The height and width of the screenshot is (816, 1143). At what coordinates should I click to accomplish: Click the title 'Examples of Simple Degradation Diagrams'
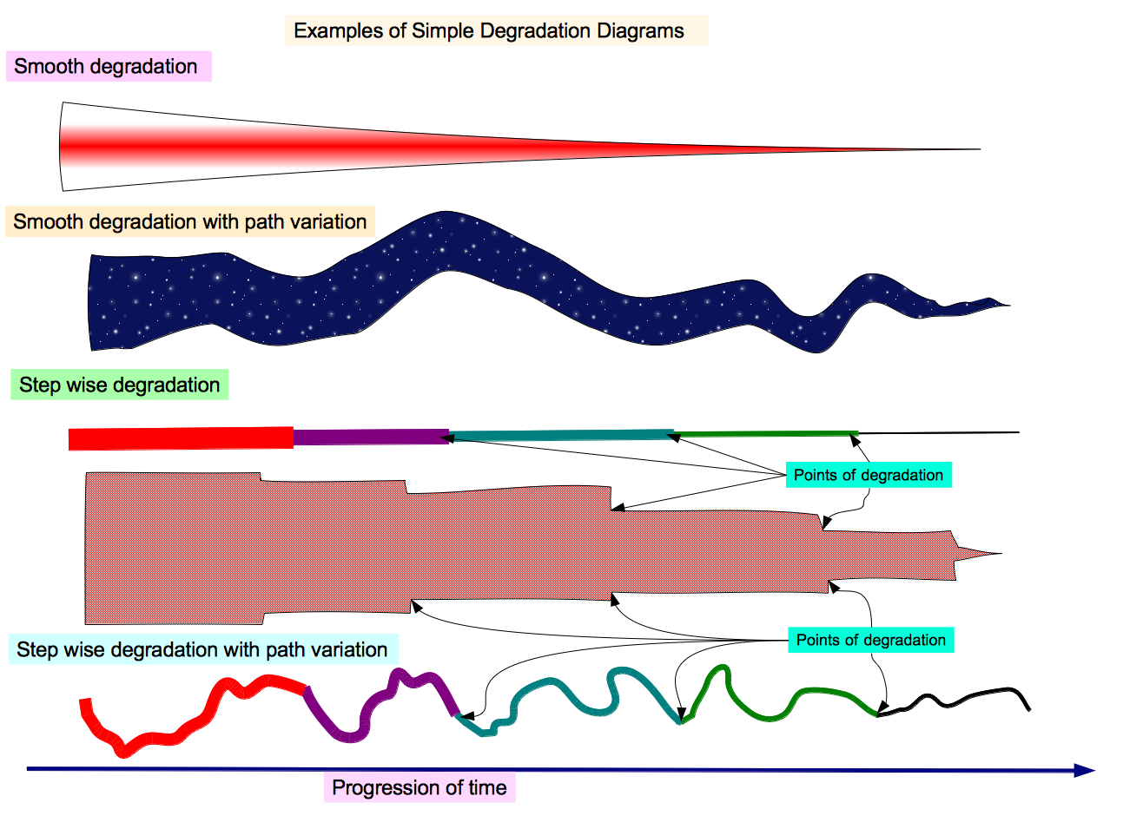(489, 31)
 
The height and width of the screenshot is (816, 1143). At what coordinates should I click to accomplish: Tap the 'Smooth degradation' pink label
(106, 67)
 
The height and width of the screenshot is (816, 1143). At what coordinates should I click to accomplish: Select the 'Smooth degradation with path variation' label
(189, 222)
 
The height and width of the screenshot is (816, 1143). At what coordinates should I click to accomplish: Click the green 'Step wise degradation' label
(119, 385)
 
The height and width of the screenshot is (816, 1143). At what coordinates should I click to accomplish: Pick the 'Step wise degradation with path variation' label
(202, 650)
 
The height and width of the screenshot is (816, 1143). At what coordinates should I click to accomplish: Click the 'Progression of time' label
(420, 788)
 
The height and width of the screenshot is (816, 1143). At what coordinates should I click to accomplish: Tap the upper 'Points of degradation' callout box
(868, 476)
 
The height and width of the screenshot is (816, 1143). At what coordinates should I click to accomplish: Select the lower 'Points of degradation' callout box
(870, 641)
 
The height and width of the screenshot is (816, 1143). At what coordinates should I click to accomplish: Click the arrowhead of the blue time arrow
(1085, 770)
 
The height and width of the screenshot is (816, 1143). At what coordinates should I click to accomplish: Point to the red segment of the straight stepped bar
(181, 438)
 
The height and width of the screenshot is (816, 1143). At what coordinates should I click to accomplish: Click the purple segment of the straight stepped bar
(370, 437)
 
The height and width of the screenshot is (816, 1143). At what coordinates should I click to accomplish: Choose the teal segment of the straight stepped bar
(560, 435)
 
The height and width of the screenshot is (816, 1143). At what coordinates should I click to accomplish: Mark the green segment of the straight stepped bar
(764, 432)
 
